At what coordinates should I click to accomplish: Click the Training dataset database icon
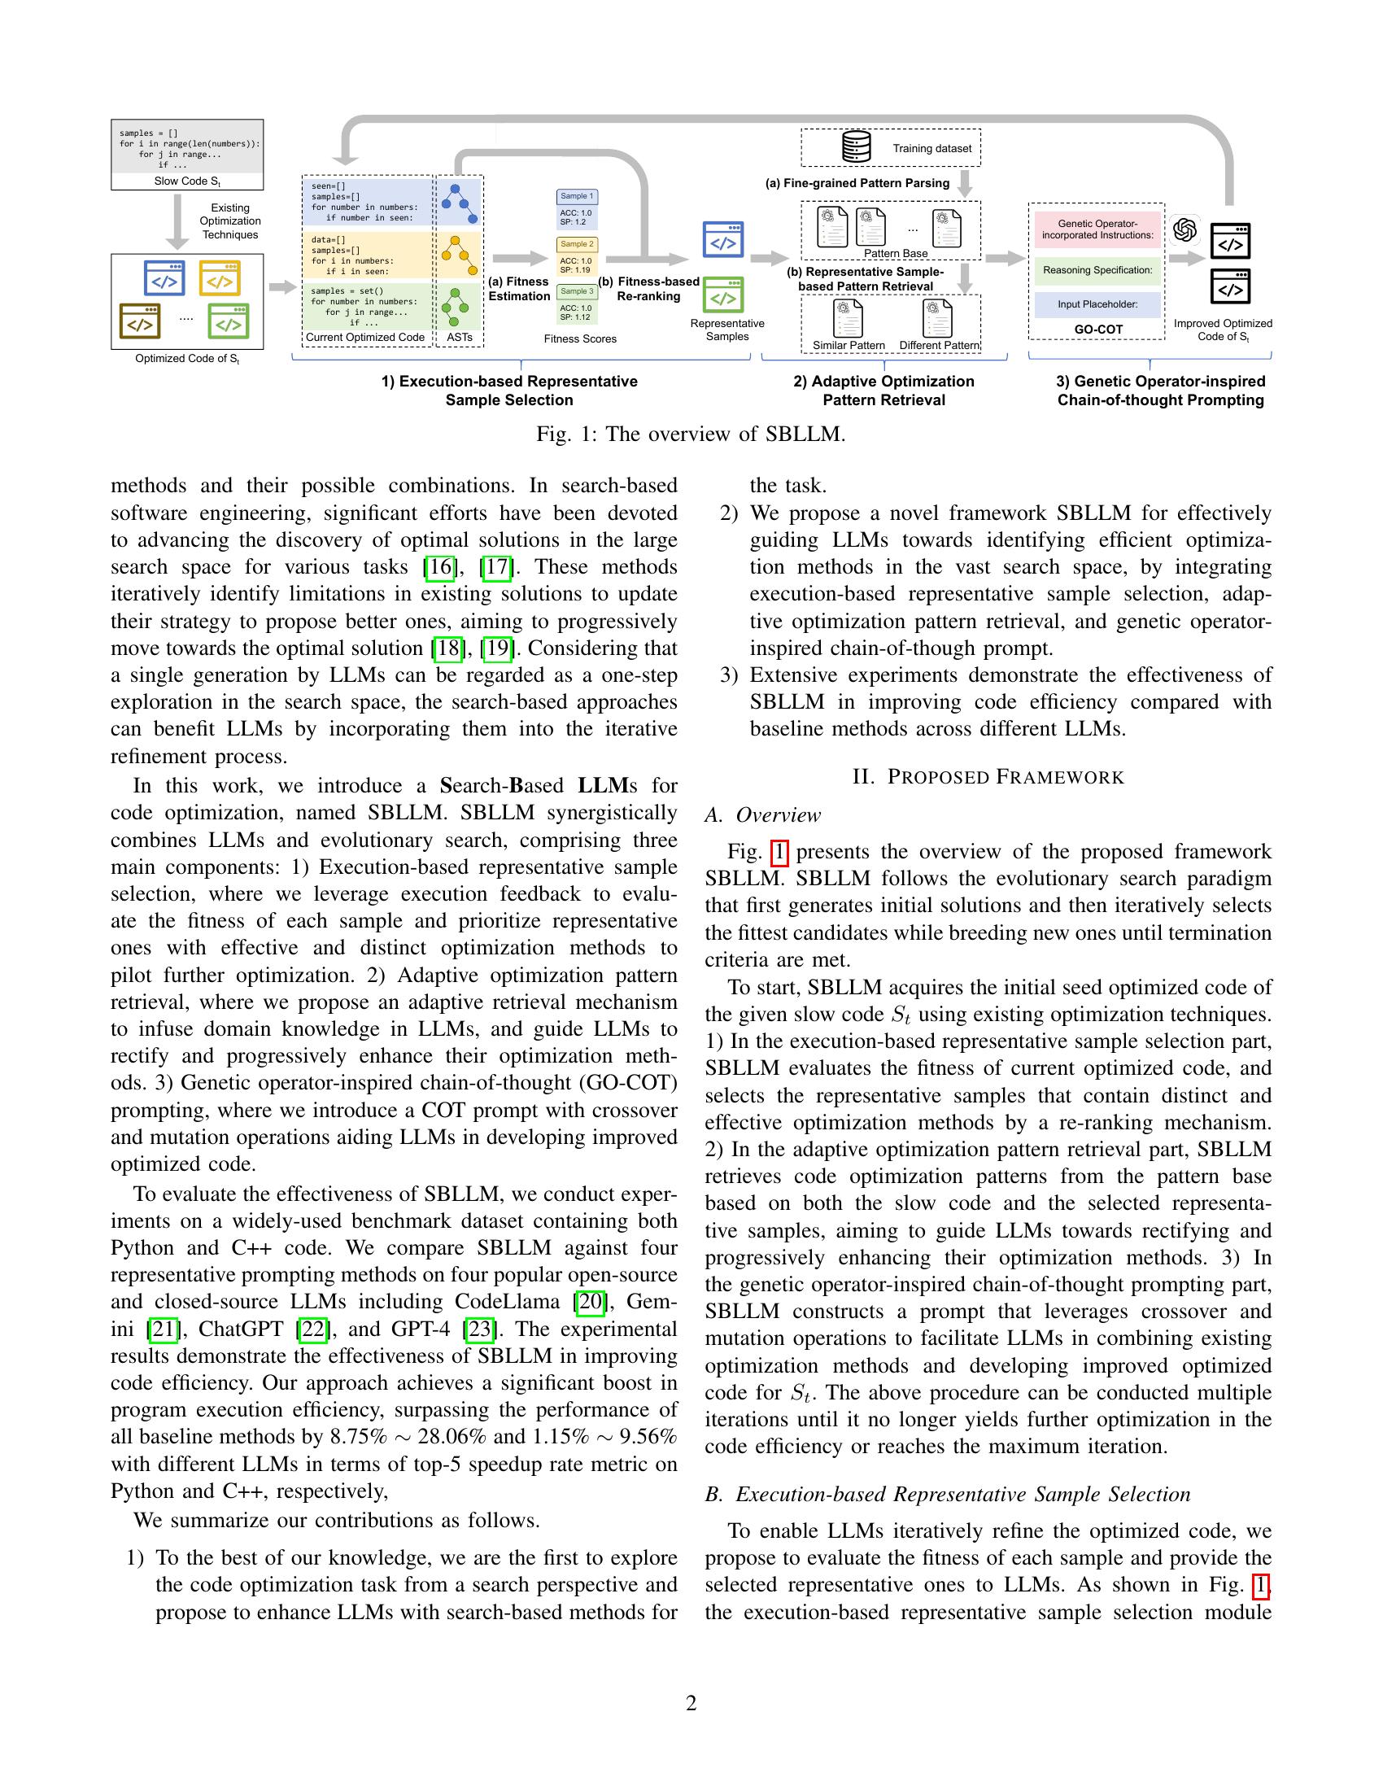click(856, 147)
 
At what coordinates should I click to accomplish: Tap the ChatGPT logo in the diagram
click(1184, 229)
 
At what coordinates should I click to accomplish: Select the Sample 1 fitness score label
click(577, 197)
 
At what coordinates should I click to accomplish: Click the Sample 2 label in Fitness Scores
click(577, 244)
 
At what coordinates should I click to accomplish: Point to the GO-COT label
click(1097, 330)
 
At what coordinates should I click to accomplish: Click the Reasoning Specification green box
click(1097, 270)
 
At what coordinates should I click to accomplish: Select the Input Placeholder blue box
click(1097, 304)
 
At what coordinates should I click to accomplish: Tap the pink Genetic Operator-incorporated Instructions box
click(1097, 229)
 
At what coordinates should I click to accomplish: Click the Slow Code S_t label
click(187, 181)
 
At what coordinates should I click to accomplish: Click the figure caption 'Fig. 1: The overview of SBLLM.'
click(691, 434)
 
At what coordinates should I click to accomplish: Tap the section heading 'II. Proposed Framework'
click(988, 777)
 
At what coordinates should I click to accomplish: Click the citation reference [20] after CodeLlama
click(589, 1302)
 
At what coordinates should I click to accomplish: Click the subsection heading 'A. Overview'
click(762, 814)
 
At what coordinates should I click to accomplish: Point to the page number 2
click(691, 1703)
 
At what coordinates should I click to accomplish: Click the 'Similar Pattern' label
click(848, 345)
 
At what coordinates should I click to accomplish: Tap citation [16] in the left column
click(440, 567)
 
